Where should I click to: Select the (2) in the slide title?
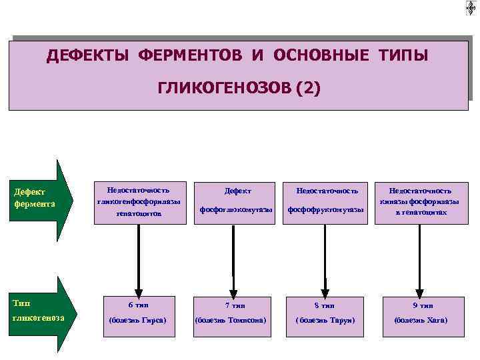(305, 87)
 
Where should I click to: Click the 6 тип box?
(138, 313)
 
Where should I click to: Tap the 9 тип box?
(421, 313)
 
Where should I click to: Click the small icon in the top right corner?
(471, 7)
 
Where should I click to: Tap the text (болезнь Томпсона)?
(231, 321)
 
